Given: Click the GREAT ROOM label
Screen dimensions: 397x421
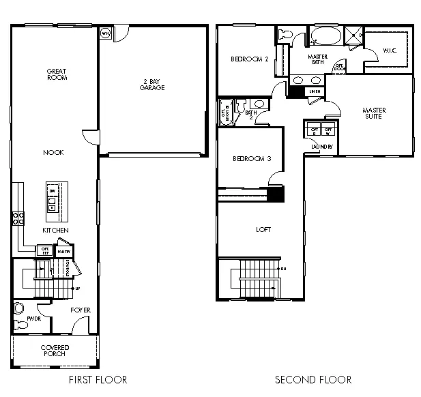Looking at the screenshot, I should (x=56, y=74).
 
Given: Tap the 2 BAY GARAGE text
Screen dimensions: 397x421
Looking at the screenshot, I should (x=151, y=84).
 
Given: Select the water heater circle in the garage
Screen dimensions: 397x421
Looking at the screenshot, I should (x=106, y=33).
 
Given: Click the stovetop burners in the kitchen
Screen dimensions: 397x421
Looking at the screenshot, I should (x=18, y=218).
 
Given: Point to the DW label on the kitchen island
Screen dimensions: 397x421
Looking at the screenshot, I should (x=52, y=191).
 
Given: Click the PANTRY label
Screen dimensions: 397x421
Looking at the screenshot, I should (x=64, y=251).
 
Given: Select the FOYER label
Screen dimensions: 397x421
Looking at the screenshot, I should (x=81, y=310).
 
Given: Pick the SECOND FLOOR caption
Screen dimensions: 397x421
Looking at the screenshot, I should (x=313, y=380).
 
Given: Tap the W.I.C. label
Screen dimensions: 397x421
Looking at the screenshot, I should (x=390, y=50).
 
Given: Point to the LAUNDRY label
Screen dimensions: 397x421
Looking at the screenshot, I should (x=321, y=147).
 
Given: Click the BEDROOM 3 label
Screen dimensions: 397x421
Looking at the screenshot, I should (x=252, y=159).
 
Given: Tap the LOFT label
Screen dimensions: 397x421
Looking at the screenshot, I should (x=263, y=230).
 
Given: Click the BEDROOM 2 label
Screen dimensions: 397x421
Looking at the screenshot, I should (x=249, y=59).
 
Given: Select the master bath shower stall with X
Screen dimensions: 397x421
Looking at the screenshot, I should (x=353, y=35).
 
